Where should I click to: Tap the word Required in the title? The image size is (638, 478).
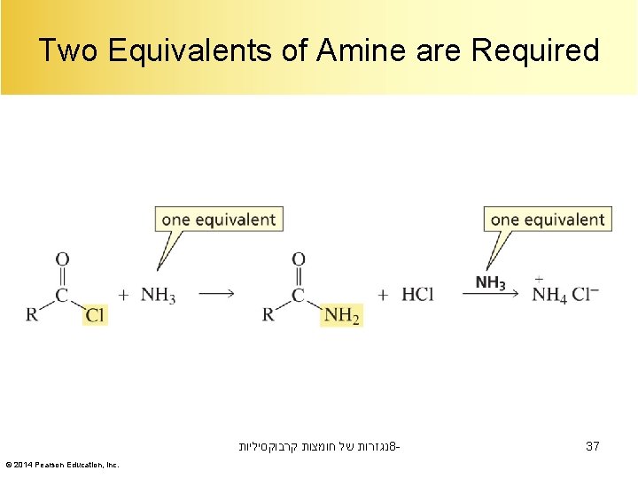(x=535, y=50)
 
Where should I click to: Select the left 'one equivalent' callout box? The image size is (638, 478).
(x=219, y=220)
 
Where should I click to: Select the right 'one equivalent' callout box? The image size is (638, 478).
(x=547, y=220)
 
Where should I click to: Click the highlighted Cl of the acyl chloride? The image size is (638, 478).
(x=96, y=315)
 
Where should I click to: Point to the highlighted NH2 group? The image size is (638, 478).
(x=342, y=315)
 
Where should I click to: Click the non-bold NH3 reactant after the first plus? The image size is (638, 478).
(x=159, y=295)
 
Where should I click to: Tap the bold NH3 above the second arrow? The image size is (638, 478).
(x=490, y=282)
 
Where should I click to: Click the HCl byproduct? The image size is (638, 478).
(x=417, y=295)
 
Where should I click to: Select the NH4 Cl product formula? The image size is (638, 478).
(x=565, y=294)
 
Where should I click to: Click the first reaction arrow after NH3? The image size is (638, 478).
(x=216, y=295)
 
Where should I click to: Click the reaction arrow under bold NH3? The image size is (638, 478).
(x=490, y=296)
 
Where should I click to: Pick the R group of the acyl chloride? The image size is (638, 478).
(x=32, y=315)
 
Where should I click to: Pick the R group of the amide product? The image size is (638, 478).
(x=268, y=315)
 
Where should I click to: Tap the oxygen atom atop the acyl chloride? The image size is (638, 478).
(x=62, y=259)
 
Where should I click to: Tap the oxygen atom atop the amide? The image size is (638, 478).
(x=299, y=259)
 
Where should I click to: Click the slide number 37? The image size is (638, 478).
(x=593, y=447)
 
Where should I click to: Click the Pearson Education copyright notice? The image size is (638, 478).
(x=62, y=465)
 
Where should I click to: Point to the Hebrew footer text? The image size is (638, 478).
(x=319, y=448)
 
